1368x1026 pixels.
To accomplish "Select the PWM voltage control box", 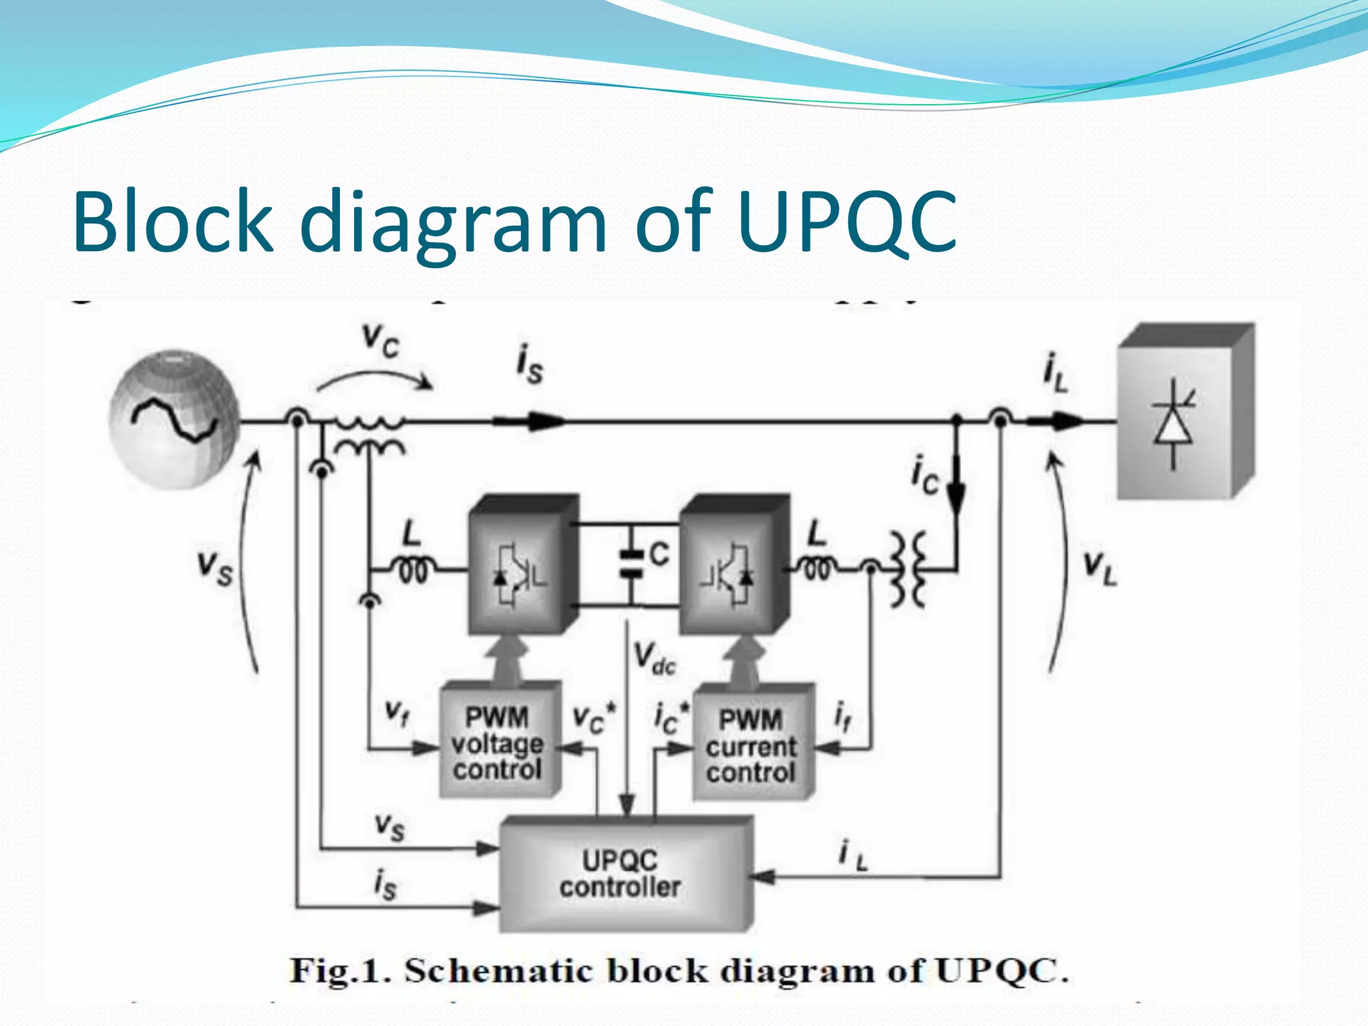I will click(498, 741).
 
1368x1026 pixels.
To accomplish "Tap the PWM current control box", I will click(751, 744).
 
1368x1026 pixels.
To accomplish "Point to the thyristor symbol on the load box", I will click(1174, 427).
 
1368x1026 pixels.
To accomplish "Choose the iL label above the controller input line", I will click(853, 855).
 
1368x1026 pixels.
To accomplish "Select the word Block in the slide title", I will click(173, 222).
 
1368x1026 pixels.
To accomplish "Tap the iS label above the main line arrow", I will click(530, 364).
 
